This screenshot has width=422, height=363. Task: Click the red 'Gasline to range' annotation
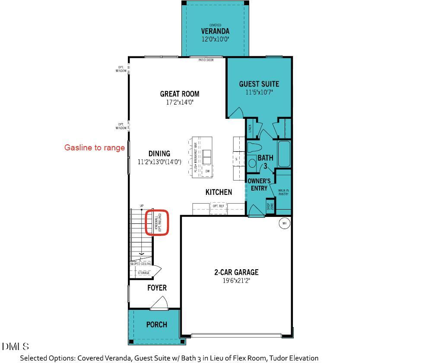pyautogui.click(x=95, y=148)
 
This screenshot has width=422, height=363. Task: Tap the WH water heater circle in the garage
pyautogui.click(x=284, y=223)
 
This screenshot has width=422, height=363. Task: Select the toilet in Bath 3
pyautogui.click(x=254, y=147)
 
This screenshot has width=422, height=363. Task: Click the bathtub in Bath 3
pyautogui.click(x=284, y=154)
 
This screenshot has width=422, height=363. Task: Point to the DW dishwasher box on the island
pyautogui.click(x=207, y=171)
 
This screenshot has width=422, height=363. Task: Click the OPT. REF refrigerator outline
pyautogui.click(x=218, y=207)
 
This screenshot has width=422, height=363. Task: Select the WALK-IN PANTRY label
pyautogui.click(x=283, y=192)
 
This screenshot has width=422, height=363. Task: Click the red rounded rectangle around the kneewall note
pyautogui.click(x=156, y=223)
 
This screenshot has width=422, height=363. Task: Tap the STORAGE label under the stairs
pyautogui.click(x=143, y=273)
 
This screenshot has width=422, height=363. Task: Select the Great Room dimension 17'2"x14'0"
pyautogui.click(x=180, y=103)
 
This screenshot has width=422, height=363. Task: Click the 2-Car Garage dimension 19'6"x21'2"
pyautogui.click(x=236, y=281)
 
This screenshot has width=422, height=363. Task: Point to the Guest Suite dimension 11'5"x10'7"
pyautogui.click(x=259, y=92)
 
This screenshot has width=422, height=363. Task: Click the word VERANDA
pyautogui.click(x=215, y=32)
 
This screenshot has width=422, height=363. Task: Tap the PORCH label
pyautogui.click(x=156, y=325)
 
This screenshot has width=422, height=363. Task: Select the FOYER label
pyautogui.click(x=157, y=288)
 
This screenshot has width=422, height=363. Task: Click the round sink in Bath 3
pyautogui.click(x=253, y=163)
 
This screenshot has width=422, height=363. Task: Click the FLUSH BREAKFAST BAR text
pyautogui.click(x=195, y=158)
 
